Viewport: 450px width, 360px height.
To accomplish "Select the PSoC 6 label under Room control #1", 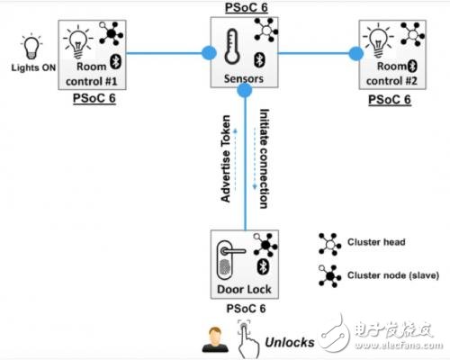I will tap(94, 97).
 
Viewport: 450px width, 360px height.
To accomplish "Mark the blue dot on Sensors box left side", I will tap(209, 54).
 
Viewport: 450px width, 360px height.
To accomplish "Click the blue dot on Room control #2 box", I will tap(357, 54).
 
